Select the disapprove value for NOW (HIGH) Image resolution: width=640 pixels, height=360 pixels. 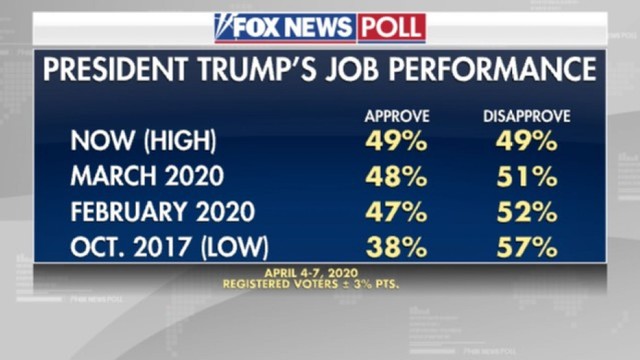click(527, 142)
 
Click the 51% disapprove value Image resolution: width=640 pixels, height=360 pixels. click(527, 177)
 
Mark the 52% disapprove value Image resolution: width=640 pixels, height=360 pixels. click(527, 211)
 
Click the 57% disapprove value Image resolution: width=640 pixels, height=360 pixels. click(527, 245)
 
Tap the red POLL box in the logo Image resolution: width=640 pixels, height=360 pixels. click(392, 28)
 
